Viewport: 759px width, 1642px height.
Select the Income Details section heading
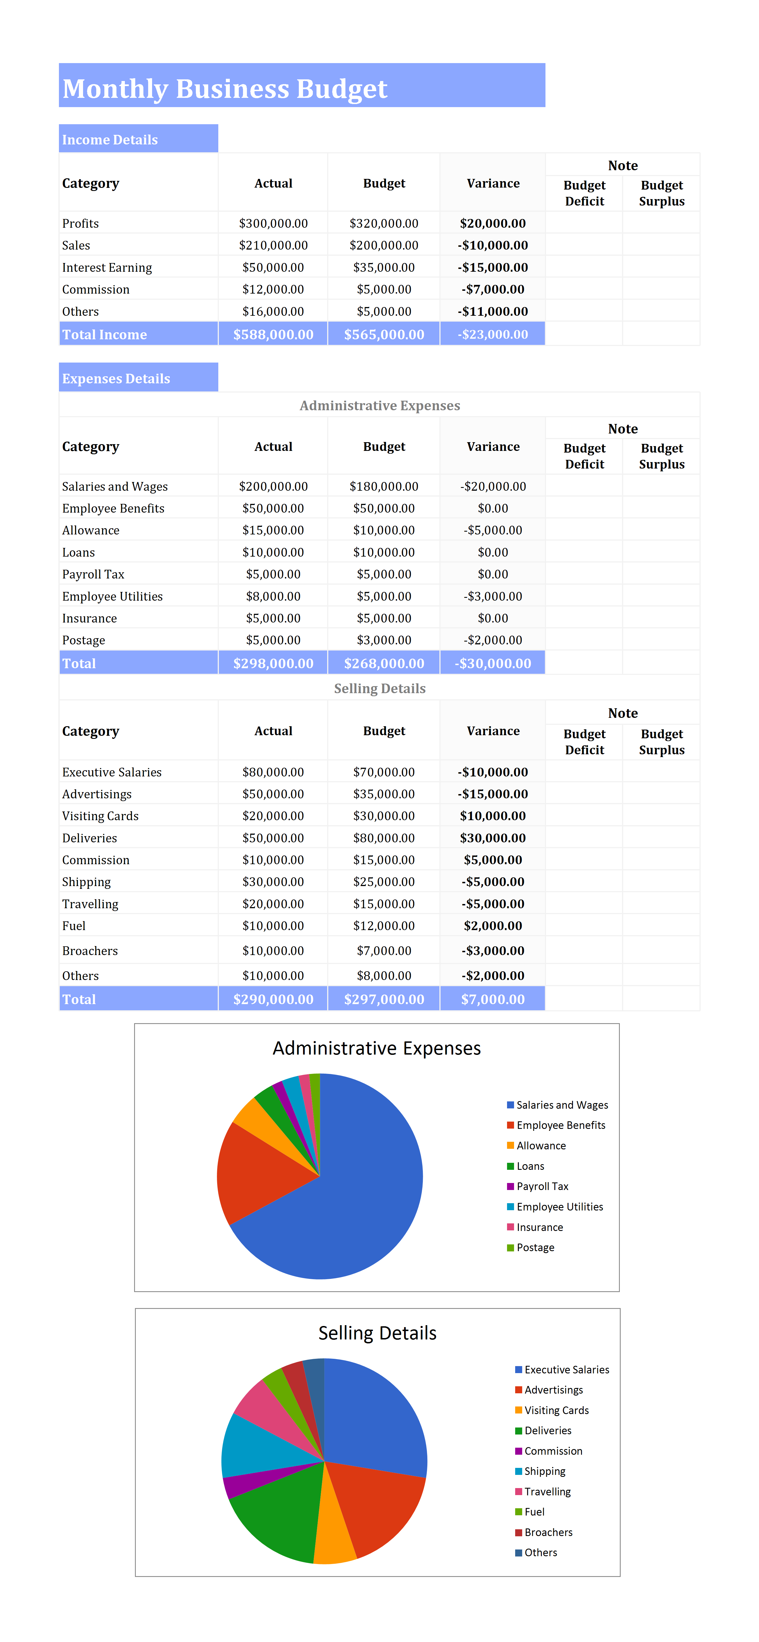[110, 140]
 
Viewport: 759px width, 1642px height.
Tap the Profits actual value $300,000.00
[273, 223]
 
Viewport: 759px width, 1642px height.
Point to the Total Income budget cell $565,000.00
[384, 334]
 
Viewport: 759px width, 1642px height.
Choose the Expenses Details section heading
[116, 379]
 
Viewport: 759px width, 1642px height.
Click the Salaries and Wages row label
[115, 486]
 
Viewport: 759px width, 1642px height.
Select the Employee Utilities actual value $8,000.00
[273, 596]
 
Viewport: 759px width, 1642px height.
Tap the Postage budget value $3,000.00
[384, 640]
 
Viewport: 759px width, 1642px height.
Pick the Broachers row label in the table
[90, 950]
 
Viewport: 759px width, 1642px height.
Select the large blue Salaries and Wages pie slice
[357, 1198]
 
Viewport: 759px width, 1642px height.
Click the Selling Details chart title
[378, 1333]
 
